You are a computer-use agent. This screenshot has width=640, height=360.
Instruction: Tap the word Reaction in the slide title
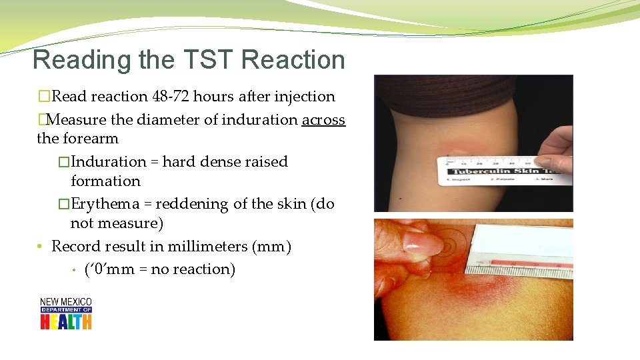[x=293, y=60]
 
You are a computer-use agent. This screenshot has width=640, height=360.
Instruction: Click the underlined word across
[x=323, y=120]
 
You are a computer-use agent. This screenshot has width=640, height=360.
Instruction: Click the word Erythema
[x=105, y=204]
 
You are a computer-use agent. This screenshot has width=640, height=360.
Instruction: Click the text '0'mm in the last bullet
[x=111, y=269]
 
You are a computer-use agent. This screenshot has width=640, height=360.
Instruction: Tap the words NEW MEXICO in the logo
[x=66, y=302]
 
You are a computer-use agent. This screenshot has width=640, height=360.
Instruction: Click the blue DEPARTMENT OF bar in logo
[x=66, y=310]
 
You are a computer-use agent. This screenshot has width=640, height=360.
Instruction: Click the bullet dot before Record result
[x=41, y=247]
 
